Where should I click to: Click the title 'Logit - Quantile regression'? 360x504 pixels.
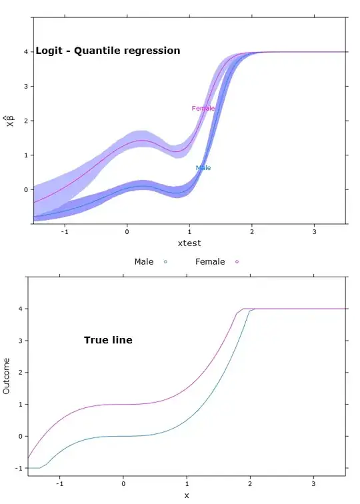click(108, 50)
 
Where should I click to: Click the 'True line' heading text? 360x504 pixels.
click(108, 340)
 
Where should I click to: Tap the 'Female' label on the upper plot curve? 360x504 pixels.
click(203, 108)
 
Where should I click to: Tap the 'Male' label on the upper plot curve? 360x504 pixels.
click(203, 168)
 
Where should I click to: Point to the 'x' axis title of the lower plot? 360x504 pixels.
click(187, 495)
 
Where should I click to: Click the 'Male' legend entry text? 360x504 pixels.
click(144, 262)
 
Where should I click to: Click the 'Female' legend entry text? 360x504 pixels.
click(210, 262)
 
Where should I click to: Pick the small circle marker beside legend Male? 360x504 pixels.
click(165, 262)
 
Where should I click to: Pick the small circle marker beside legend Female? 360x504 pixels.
click(237, 262)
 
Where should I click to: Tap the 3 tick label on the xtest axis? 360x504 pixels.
click(315, 231)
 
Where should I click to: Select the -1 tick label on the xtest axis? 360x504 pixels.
click(64, 231)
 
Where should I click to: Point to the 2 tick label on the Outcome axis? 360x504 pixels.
click(20, 373)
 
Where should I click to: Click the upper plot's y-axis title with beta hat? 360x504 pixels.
click(9, 121)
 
